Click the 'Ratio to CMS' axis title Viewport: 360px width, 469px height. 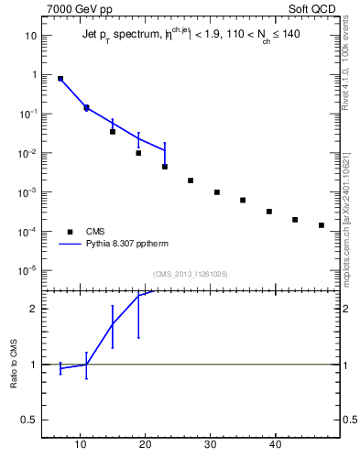click(x=15, y=365)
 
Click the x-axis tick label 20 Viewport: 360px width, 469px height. click(x=146, y=445)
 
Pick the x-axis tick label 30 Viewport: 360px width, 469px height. click(x=211, y=445)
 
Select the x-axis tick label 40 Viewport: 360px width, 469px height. click(x=276, y=445)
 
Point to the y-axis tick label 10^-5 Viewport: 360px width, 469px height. click(x=27, y=271)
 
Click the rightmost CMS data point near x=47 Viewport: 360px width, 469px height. click(x=321, y=224)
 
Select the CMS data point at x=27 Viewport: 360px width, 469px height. click(x=191, y=180)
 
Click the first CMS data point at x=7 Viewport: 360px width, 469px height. click(x=60, y=79)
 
